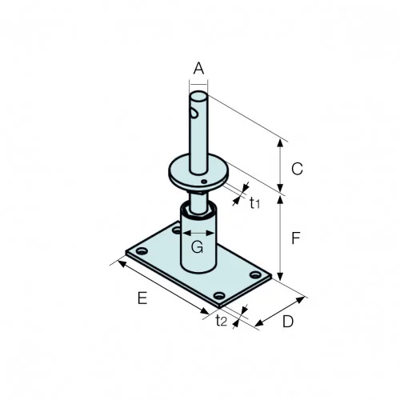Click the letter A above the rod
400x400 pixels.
coord(198,69)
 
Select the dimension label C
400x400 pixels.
coord(296,169)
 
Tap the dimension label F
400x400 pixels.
coord(296,238)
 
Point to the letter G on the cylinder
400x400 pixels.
coord(198,246)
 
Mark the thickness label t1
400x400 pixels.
coord(254,203)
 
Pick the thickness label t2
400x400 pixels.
coord(222,321)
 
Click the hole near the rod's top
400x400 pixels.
coord(194,111)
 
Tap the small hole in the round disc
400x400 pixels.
coord(205,183)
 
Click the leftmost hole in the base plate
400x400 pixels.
coord(142,253)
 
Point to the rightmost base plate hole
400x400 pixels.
coord(255,276)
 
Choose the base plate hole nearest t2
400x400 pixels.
coord(220,298)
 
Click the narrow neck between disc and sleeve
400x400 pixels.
coord(197,197)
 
